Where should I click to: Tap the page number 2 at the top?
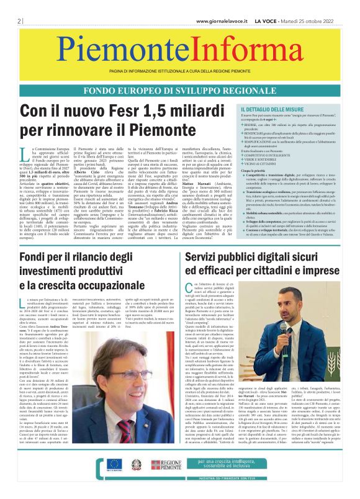[12, 21]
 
